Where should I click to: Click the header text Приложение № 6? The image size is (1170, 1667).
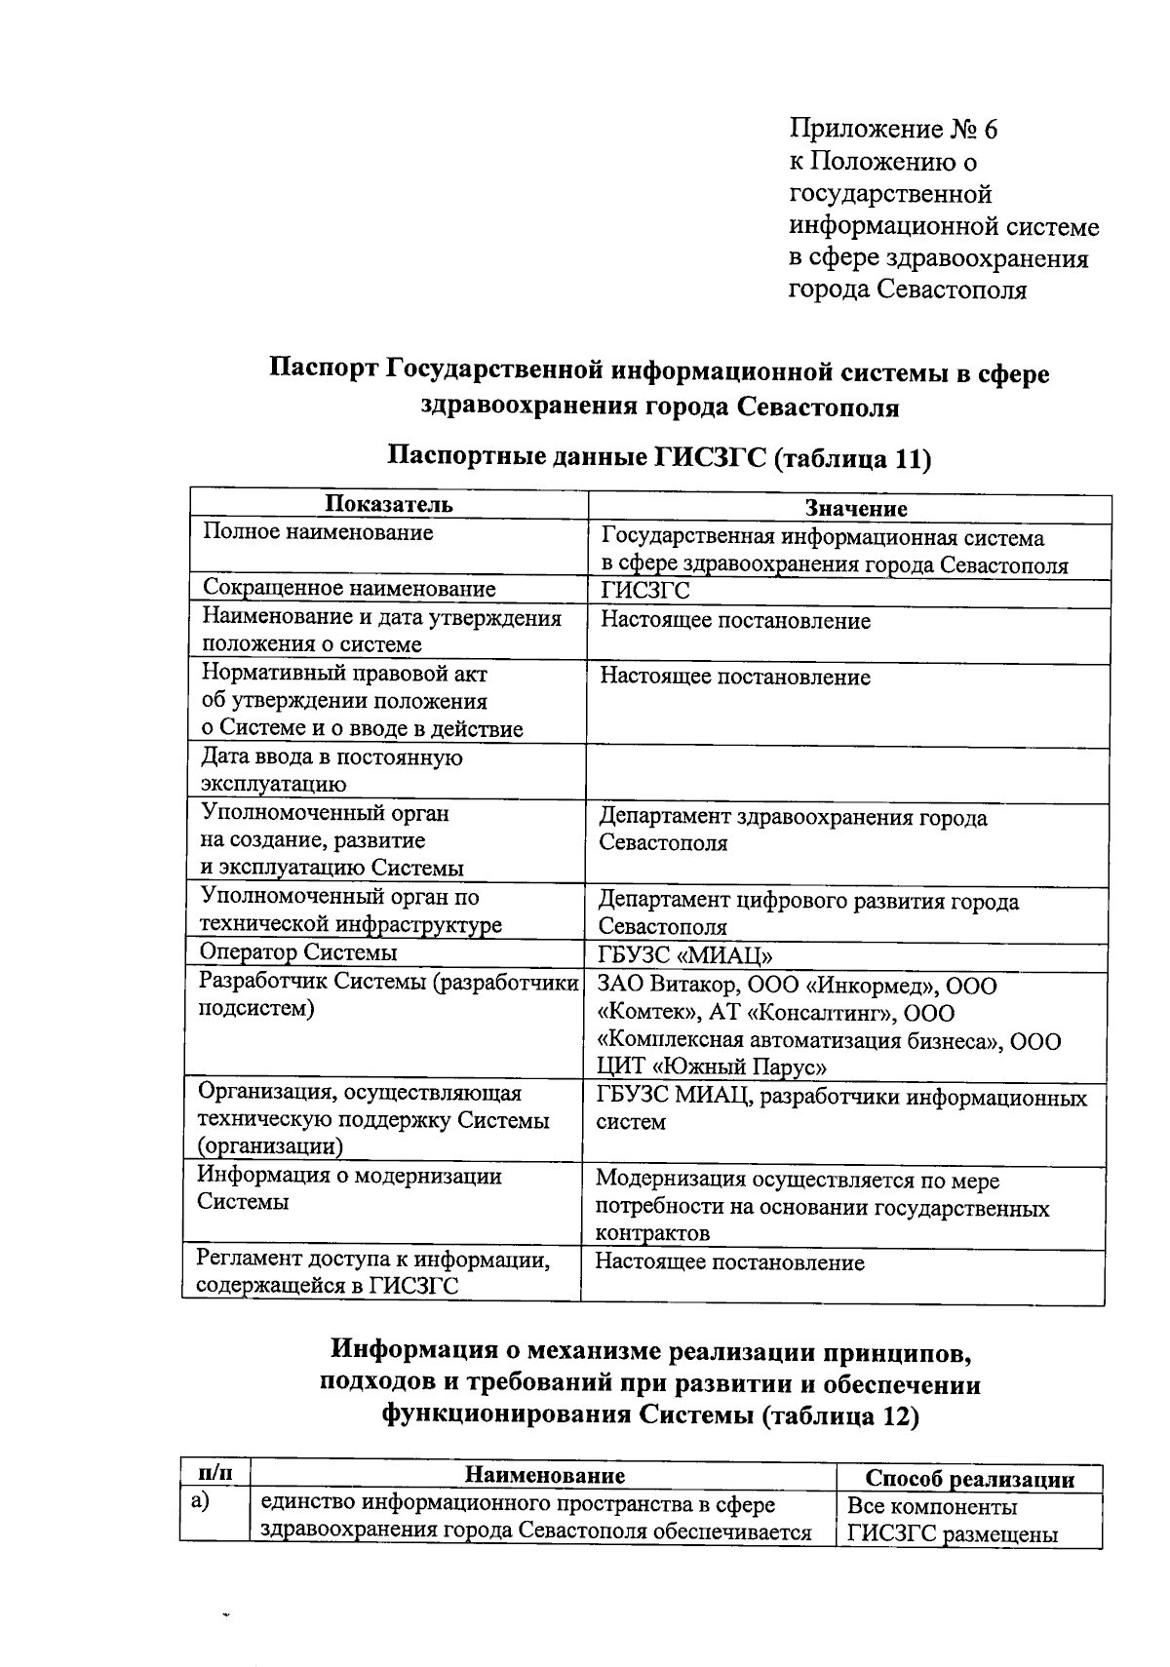point(894,130)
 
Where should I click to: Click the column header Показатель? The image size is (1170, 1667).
point(388,504)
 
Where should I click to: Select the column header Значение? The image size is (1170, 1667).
point(856,508)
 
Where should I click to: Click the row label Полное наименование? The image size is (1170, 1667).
point(318,532)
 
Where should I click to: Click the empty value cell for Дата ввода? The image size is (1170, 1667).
point(846,775)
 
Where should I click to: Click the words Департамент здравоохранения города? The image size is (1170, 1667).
point(792,817)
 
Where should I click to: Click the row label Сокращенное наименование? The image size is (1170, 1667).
point(349,588)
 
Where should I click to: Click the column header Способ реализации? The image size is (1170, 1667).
point(969,1479)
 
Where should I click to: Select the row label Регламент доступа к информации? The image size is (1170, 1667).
point(372,1260)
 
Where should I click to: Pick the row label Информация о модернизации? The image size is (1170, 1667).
point(349,1176)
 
